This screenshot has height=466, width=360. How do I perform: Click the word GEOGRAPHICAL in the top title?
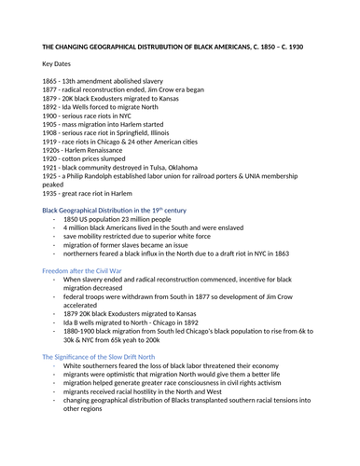pos(129,47)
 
